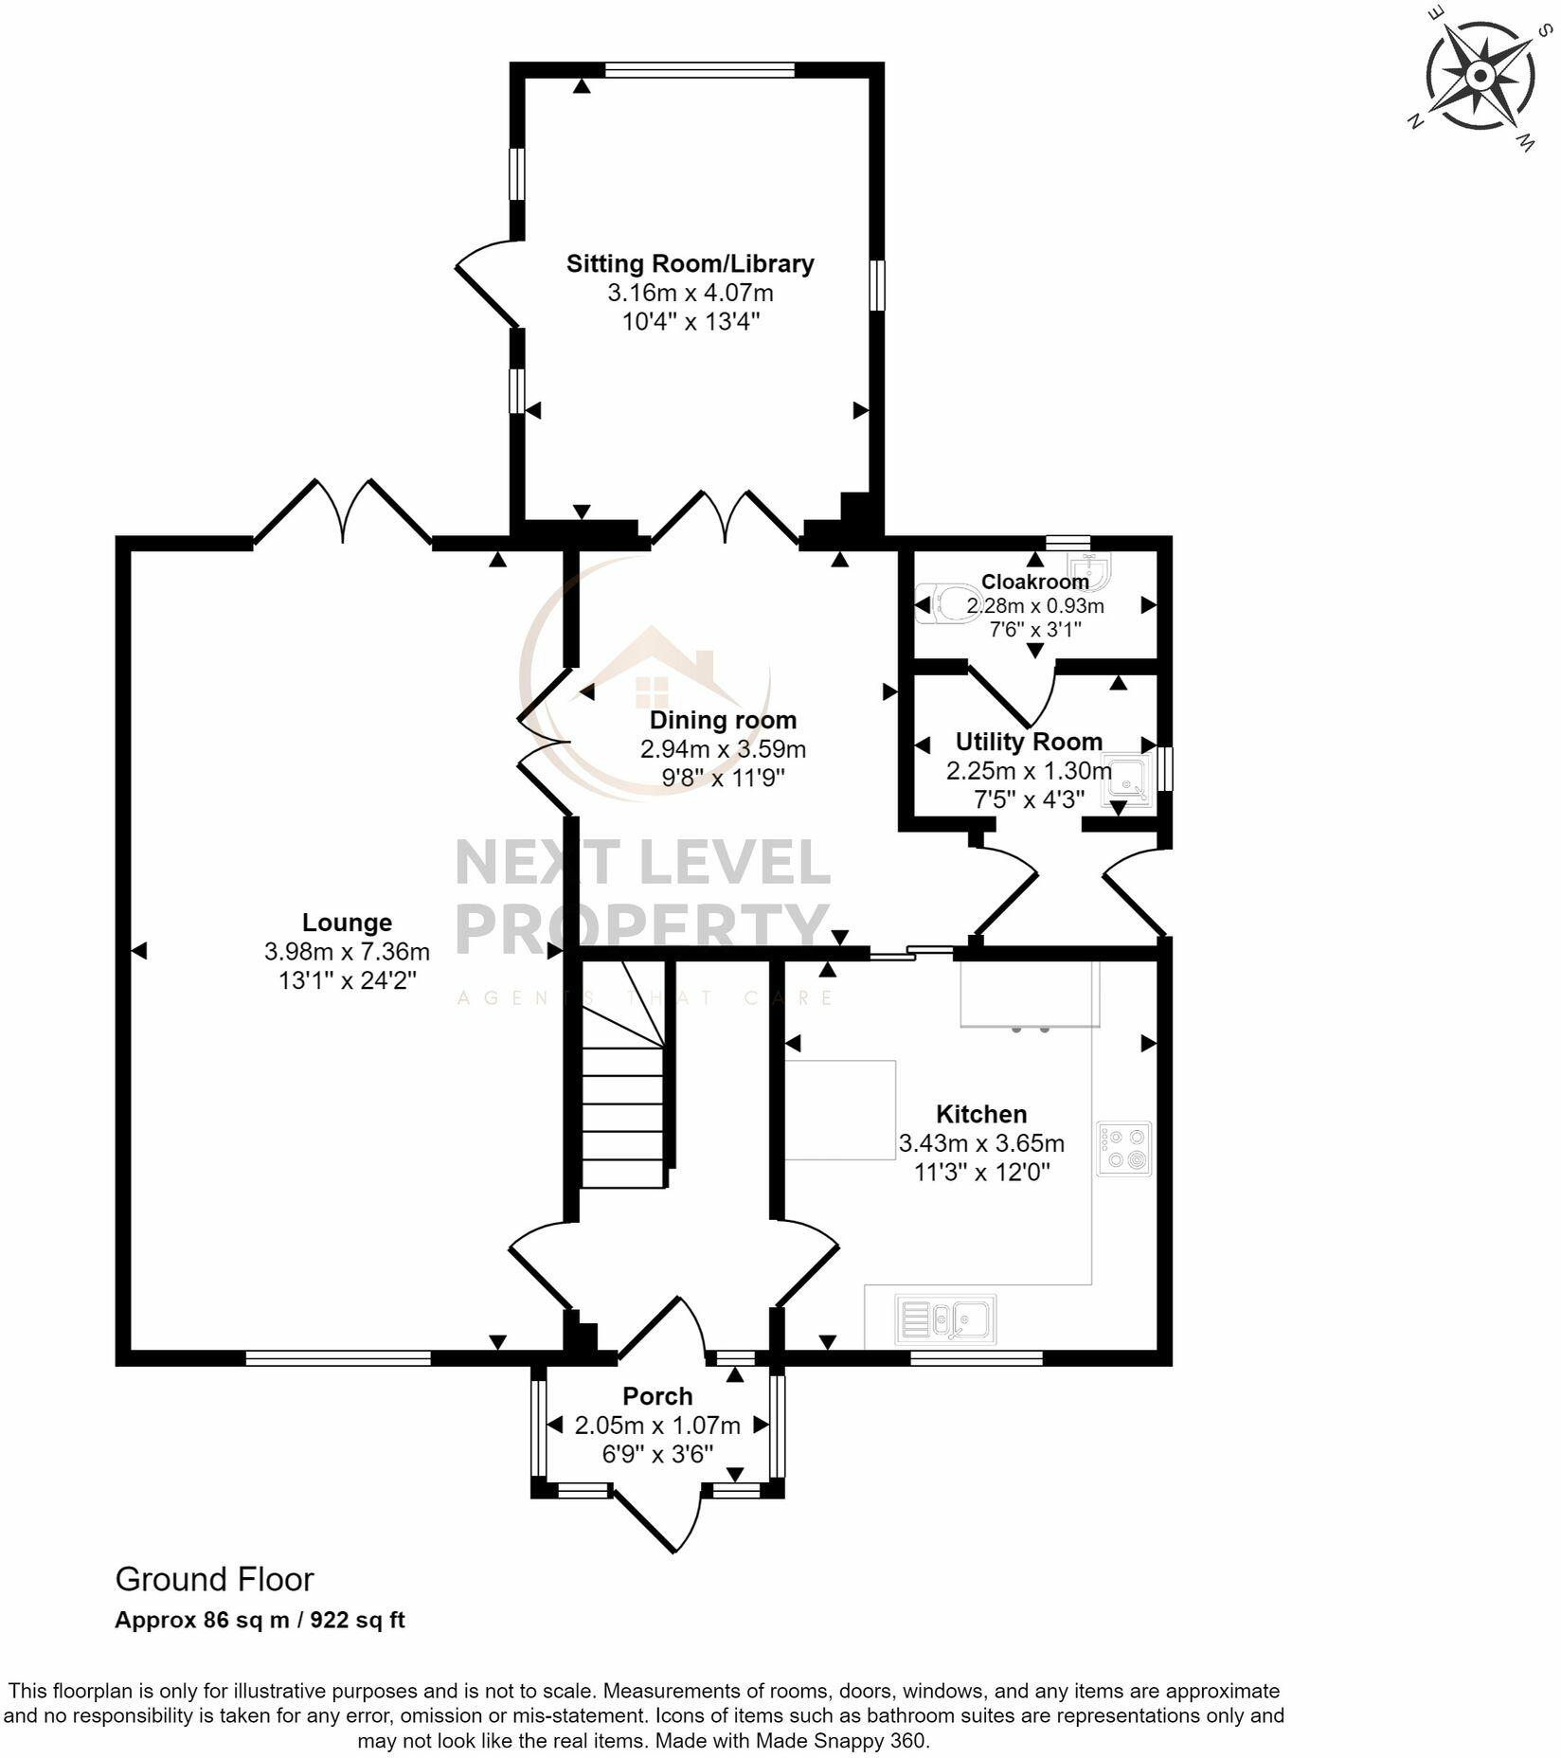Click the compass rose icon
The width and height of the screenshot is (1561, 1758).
tap(1480, 77)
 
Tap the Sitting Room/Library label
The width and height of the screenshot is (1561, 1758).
tap(690, 263)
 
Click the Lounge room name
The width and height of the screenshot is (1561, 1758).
tap(347, 922)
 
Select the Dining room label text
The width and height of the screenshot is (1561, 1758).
tap(723, 720)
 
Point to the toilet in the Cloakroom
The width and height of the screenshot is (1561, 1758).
tap(947, 602)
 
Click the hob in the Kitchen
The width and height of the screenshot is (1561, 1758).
tap(1124, 1148)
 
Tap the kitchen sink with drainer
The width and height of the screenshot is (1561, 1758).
tap(944, 1318)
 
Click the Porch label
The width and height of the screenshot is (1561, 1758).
tap(657, 1395)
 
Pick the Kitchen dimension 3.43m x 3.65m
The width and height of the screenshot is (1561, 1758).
tap(981, 1143)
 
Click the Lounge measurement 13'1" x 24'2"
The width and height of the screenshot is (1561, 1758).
tap(347, 980)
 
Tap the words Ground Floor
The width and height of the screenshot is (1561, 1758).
tap(214, 1579)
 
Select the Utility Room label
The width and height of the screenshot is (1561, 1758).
tap(1029, 741)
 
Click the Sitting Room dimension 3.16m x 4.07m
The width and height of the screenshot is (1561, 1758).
tap(690, 293)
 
